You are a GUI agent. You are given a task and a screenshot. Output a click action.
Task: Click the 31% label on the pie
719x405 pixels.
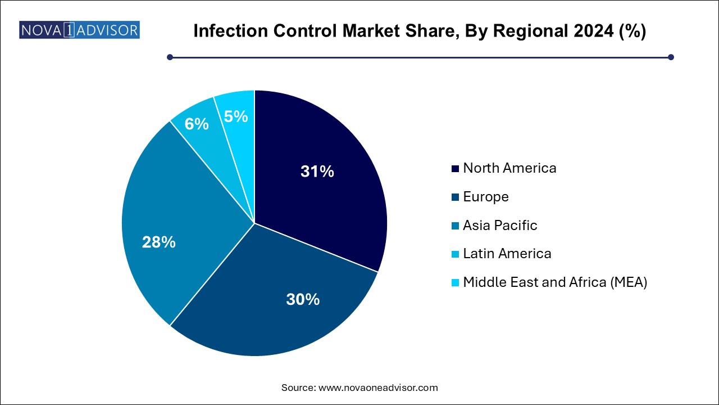pos(317,172)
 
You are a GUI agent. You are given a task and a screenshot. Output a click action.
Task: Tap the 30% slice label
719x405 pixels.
pos(303,299)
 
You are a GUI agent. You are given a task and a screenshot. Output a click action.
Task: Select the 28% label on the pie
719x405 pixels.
pos(159,242)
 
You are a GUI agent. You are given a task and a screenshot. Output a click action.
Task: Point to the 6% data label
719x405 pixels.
pos(197,123)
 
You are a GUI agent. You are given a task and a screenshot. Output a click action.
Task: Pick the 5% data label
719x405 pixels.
pos(236,116)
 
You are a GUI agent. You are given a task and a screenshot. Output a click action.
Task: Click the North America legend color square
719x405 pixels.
pos(455,168)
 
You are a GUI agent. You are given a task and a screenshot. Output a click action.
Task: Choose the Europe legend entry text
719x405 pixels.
pos(486,196)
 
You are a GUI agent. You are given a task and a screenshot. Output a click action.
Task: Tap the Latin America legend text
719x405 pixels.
pos(507,253)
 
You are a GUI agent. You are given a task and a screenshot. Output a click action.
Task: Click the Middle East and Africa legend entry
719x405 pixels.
pos(555,282)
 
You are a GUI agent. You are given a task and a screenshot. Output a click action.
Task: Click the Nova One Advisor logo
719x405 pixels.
pos(79,30)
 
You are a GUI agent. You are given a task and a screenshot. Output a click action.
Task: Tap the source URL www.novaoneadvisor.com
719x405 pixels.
pos(378,388)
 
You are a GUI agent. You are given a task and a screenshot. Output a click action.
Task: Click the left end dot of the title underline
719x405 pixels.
pos(170,57)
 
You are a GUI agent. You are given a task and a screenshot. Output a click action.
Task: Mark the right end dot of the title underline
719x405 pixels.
pos(671,57)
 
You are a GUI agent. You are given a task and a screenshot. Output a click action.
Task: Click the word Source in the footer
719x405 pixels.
pos(298,388)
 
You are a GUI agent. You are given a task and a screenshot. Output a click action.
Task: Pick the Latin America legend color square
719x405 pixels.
pos(455,254)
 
